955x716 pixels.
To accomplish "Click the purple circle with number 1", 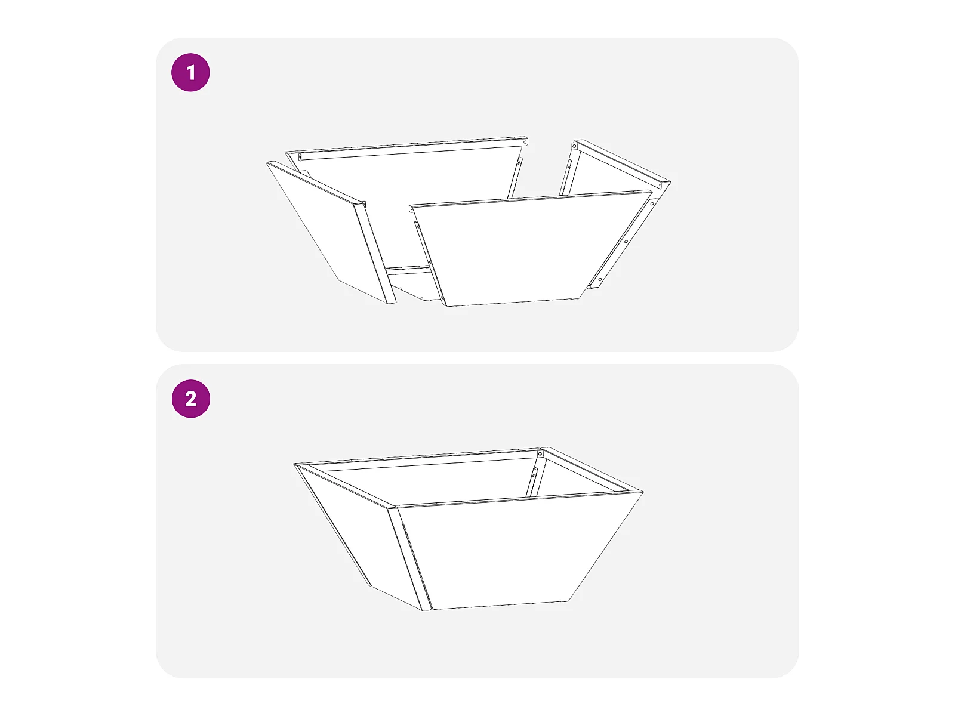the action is (190, 72).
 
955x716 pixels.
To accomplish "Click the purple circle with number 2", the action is (191, 399).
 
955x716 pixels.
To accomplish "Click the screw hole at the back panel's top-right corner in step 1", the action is (525, 142).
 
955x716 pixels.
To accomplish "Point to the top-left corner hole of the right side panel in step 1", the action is (574, 147).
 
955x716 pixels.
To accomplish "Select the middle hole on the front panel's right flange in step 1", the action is (626, 241).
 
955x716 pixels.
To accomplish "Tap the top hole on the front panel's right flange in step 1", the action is (652, 203).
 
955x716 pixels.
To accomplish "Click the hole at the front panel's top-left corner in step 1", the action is (412, 209).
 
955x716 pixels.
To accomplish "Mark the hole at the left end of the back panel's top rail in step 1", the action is (300, 156).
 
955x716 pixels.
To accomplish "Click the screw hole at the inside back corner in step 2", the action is (540, 454).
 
